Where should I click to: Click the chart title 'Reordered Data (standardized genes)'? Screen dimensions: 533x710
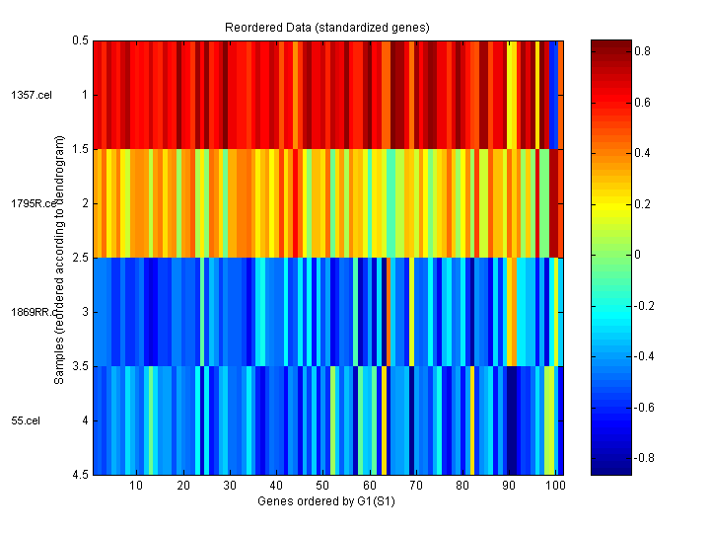point(326,25)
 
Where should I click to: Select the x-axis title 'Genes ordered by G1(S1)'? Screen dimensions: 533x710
point(326,501)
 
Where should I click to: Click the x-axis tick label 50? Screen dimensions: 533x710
point(322,486)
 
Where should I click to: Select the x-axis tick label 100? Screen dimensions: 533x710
point(555,486)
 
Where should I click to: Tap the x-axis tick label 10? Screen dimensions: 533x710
point(136,486)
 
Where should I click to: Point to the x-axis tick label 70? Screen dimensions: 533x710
point(415,486)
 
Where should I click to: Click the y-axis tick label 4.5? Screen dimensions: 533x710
point(80,475)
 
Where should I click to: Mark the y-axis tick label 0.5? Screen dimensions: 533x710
point(80,40)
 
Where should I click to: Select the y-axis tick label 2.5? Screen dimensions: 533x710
point(80,258)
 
